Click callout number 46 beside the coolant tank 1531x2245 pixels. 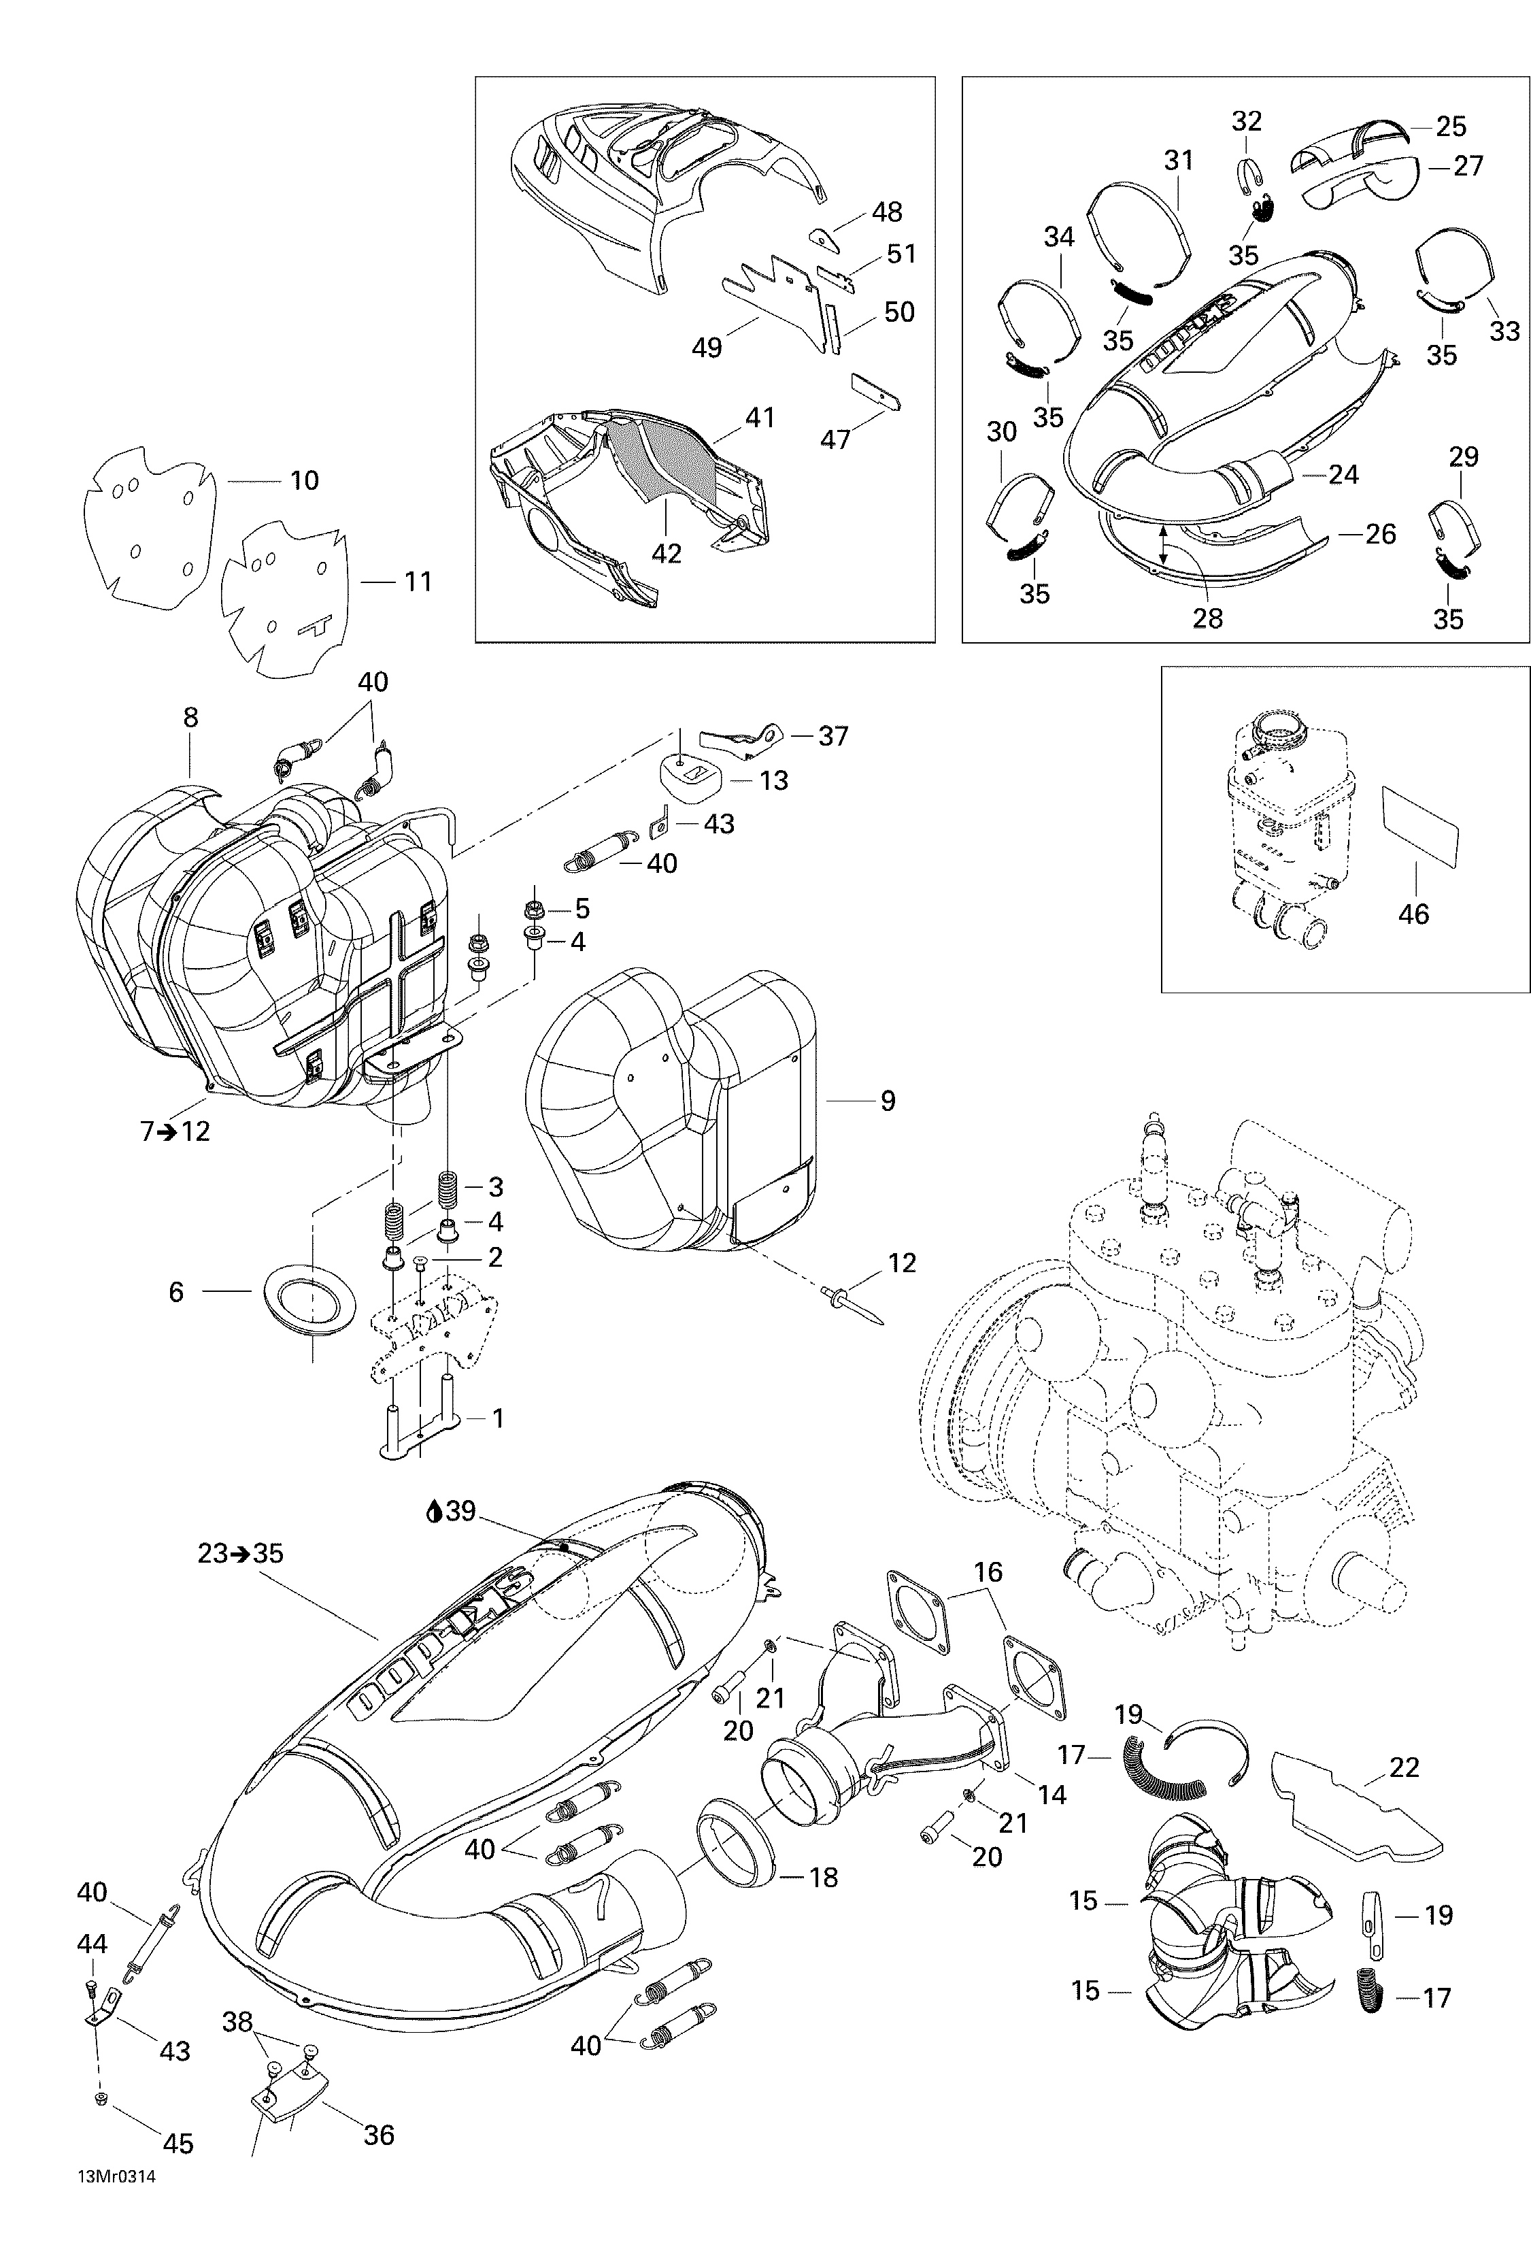pos(1413,914)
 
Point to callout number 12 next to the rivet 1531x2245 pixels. pos(901,1263)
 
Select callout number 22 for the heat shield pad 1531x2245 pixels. pos(1404,1767)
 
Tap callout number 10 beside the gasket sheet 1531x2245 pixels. pos(304,480)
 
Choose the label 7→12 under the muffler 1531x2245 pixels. pos(175,1130)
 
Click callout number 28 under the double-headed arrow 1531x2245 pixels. pos(1207,618)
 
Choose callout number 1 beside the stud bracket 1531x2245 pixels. pos(497,1418)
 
